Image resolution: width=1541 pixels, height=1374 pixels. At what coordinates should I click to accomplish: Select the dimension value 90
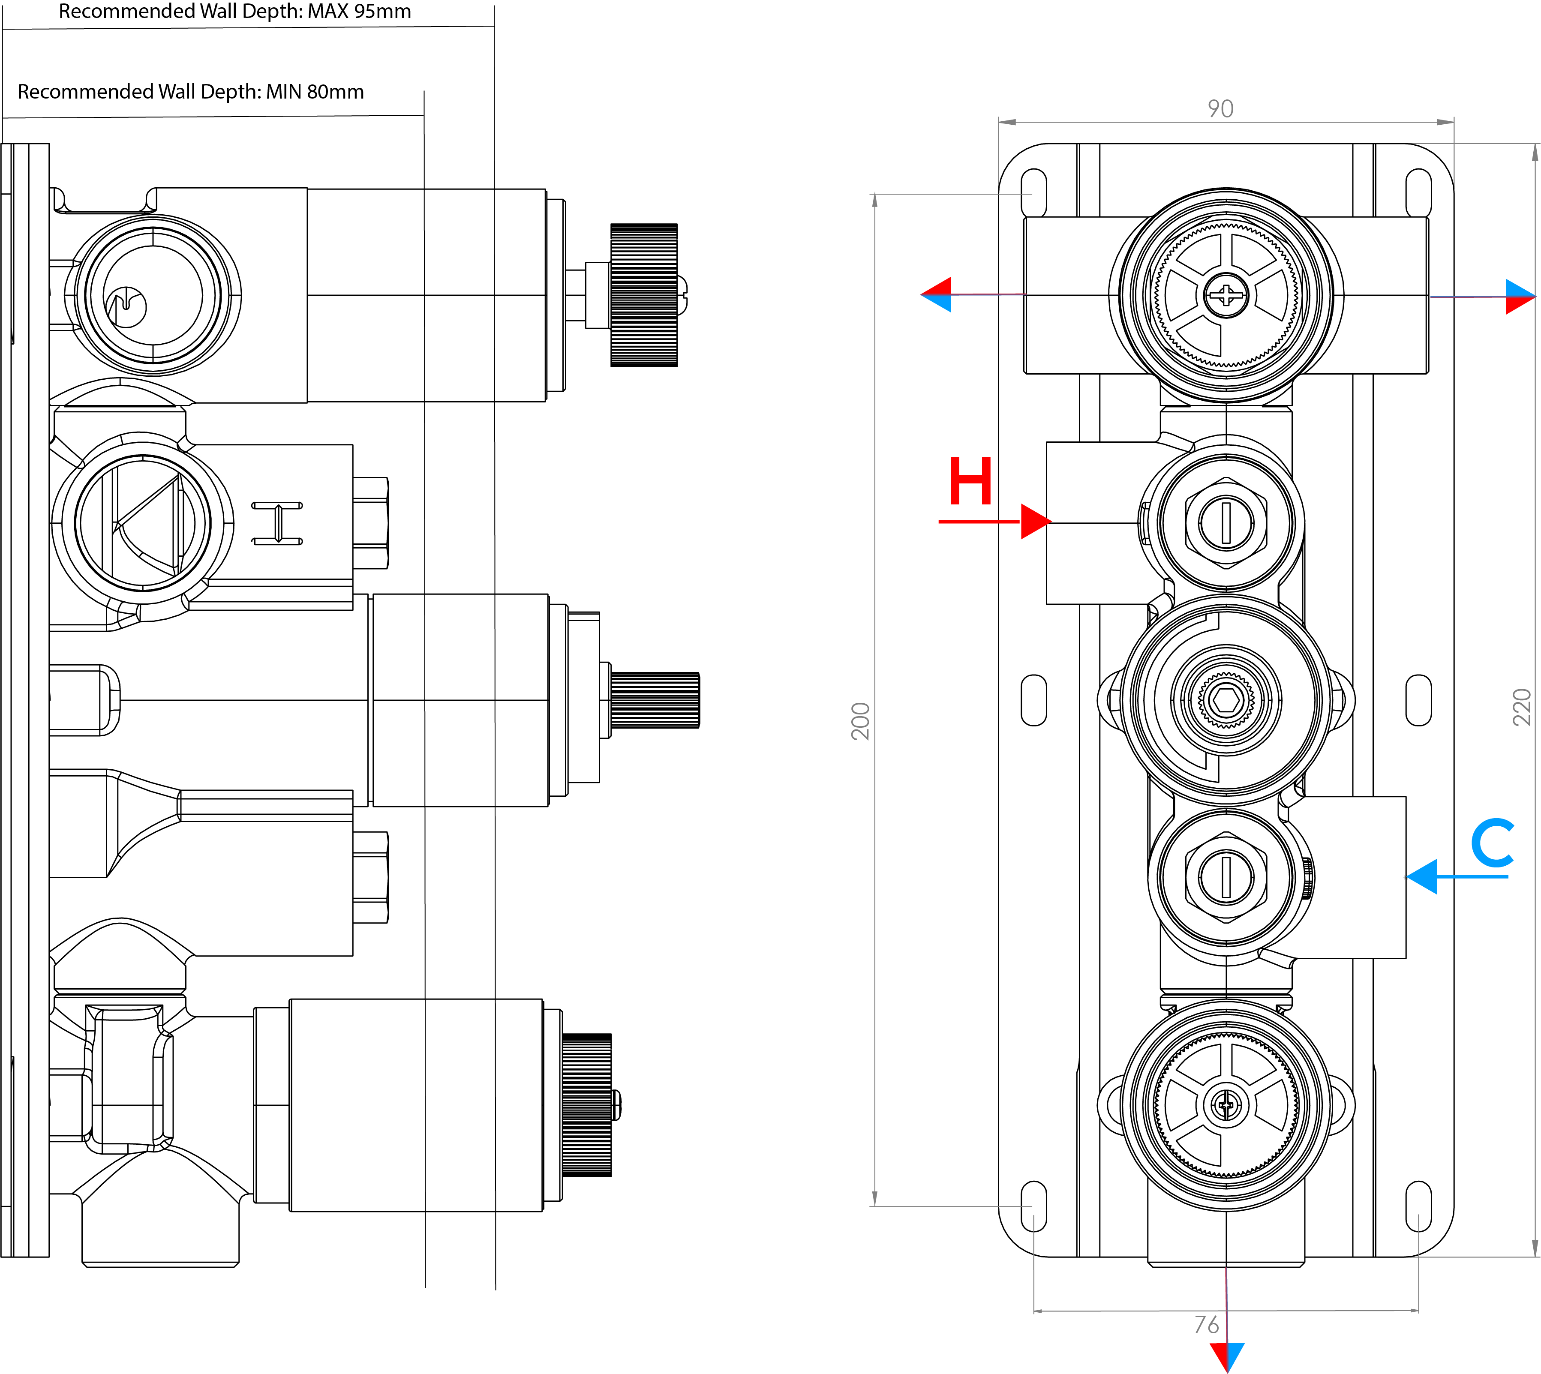coord(1220,109)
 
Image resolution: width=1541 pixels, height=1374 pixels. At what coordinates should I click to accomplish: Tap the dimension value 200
coord(860,721)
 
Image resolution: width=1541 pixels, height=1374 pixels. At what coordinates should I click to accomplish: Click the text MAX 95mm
coord(359,11)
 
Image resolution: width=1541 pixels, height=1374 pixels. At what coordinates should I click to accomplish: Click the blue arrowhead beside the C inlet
coord(1422,876)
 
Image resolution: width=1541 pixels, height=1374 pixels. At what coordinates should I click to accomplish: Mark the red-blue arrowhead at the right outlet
coord(1519,296)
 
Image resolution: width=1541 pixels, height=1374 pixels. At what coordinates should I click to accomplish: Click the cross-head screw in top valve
coord(1226,295)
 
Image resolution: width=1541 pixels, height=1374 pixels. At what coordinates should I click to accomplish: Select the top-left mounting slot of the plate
coord(1033,193)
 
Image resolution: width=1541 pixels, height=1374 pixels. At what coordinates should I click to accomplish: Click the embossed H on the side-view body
coord(277,522)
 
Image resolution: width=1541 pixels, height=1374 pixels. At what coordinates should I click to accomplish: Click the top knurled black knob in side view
coord(643,295)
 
